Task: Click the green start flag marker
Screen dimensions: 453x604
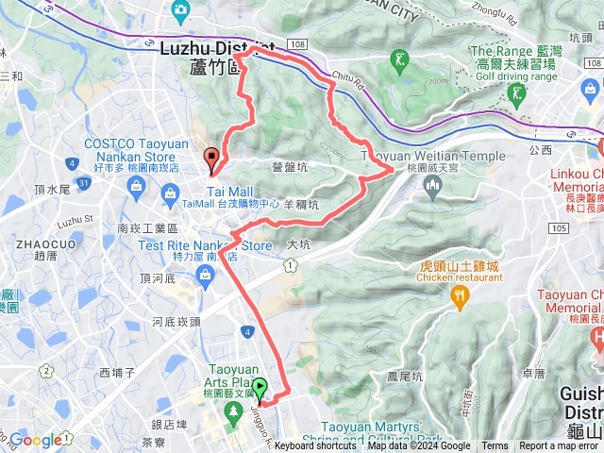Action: [259, 388]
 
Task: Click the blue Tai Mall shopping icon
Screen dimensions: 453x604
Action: [170, 195]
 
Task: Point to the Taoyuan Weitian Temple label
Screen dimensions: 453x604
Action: [433, 156]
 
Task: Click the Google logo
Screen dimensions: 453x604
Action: [36, 440]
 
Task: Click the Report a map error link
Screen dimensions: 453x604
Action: [559, 446]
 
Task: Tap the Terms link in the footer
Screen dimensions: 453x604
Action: [495, 446]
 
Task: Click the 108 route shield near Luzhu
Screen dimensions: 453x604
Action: [299, 44]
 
